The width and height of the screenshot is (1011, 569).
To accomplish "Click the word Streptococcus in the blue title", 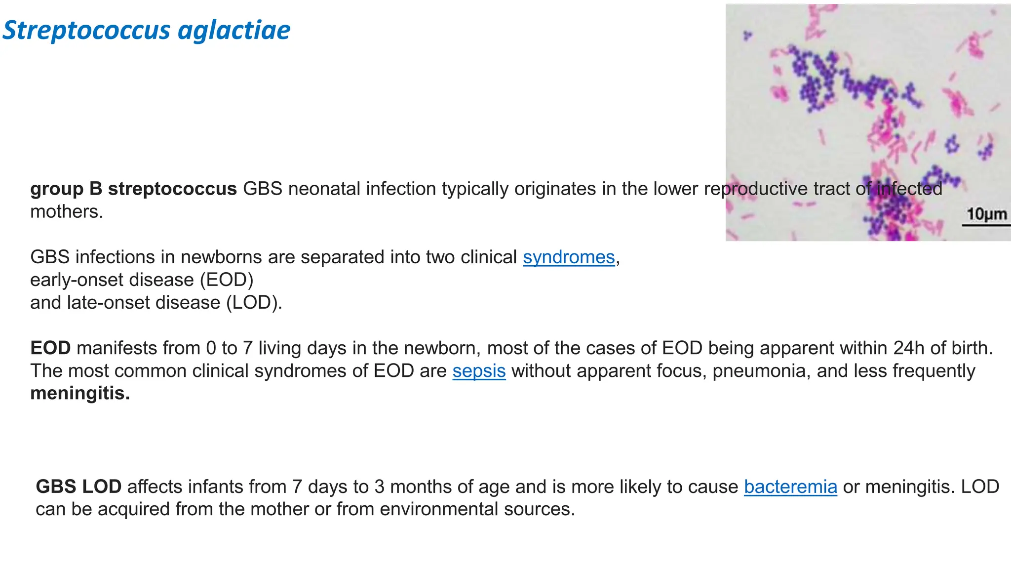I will click(87, 31).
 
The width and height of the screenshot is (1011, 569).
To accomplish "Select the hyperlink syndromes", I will click(569, 257).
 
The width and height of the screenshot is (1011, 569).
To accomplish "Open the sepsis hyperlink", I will click(479, 371).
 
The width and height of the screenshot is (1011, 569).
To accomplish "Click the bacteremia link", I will click(790, 487).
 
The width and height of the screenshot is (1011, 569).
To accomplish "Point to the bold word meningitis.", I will click(80, 394).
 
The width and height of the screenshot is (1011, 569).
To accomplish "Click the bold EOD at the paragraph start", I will click(50, 348).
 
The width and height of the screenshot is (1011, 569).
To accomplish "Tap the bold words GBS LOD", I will click(78, 487).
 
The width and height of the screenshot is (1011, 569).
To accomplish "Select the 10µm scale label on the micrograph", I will click(986, 214).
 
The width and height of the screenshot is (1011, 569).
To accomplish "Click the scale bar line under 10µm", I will click(986, 226).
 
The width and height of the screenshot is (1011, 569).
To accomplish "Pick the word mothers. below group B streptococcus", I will click(67, 212).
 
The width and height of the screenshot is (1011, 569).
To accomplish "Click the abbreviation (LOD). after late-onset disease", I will click(254, 303).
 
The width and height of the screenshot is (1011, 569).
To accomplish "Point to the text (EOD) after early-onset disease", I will click(226, 280).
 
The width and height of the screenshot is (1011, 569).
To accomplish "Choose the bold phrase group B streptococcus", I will click(133, 189).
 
